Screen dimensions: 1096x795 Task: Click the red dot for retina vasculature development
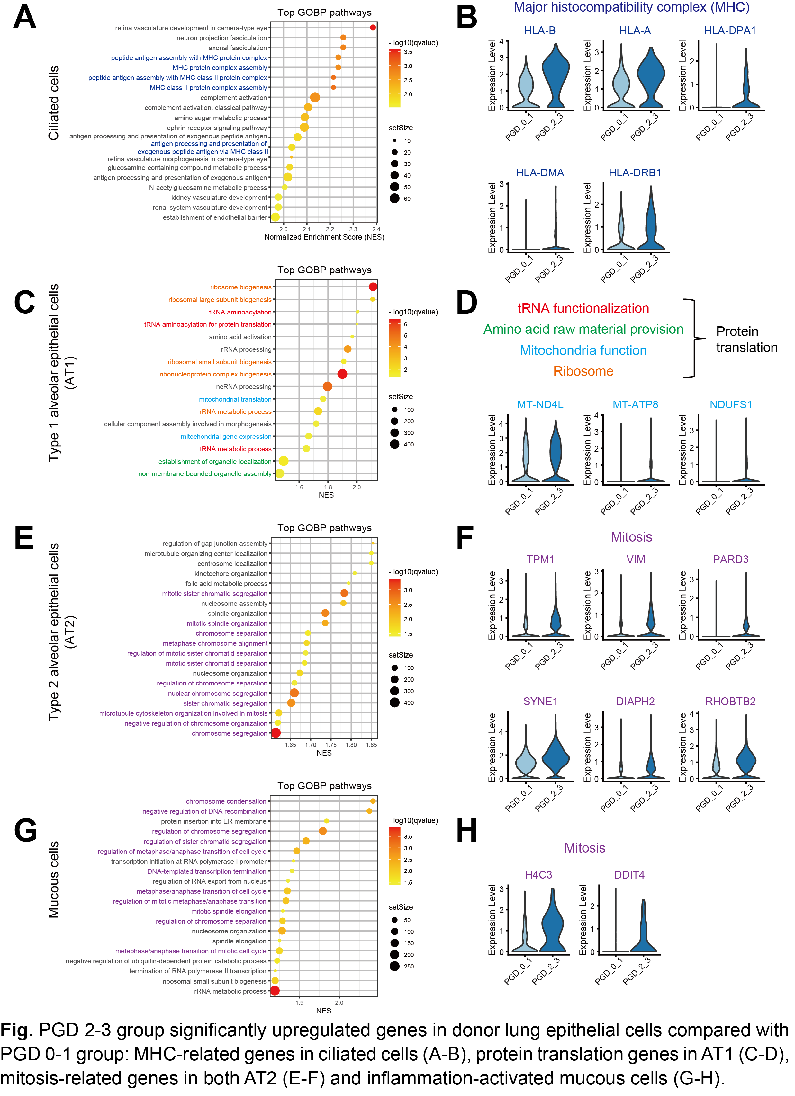[x=373, y=28]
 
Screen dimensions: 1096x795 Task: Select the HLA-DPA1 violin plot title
[x=730, y=31]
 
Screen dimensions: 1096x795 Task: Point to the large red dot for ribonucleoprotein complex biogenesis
[x=342, y=374]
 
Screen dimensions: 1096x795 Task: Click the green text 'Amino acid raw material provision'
[x=583, y=330]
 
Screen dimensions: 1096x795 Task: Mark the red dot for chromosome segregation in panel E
[x=276, y=733]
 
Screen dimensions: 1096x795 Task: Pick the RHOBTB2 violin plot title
[x=730, y=701]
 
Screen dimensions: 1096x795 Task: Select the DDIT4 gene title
[x=629, y=875]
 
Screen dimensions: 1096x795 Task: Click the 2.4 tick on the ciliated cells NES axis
[x=376, y=229]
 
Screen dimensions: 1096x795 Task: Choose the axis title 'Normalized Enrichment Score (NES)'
[x=324, y=237]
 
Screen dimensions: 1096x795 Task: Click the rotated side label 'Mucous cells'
[x=54, y=879]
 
